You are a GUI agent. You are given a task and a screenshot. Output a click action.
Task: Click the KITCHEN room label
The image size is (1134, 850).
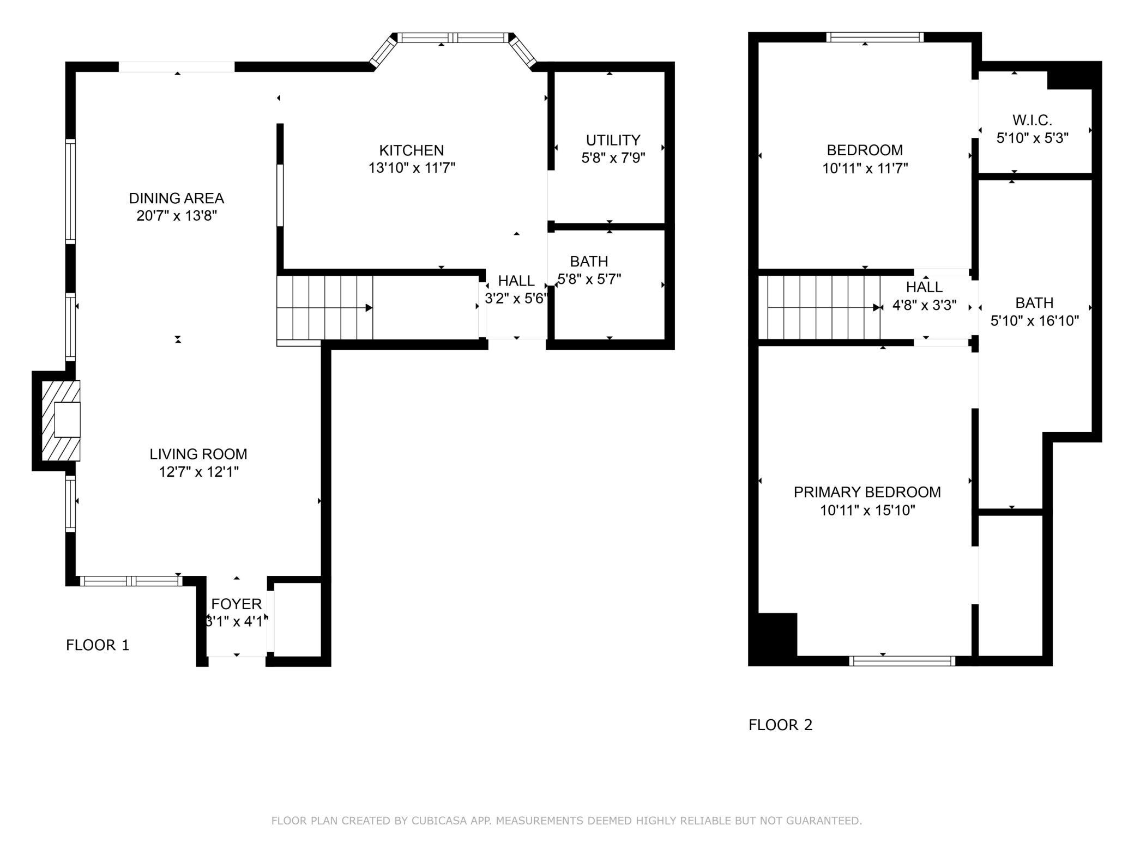[x=412, y=150]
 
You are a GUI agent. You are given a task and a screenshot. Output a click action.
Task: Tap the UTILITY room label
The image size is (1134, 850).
[x=613, y=140]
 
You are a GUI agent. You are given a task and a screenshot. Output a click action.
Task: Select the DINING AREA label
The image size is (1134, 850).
[x=177, y=198]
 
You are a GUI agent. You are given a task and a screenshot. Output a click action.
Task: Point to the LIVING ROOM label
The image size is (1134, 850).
[x=198, y=454]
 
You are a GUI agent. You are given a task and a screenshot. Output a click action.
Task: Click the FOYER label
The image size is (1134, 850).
[x=237, y=604]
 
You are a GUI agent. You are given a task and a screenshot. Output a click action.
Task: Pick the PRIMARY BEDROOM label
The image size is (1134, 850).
[x=867, y=492]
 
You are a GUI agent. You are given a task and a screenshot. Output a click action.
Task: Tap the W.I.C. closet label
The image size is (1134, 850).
[x=1033, y=120]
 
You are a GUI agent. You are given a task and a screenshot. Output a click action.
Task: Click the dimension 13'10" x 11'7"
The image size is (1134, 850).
[x=412, y=168]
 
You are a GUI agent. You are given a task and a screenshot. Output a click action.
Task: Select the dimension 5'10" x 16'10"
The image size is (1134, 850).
[x=1035, y=320]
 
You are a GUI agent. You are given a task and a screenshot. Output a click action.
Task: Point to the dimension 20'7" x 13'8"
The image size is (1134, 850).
[x=177, y=216]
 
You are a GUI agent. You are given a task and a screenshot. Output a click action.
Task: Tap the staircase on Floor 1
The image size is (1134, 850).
[x=325, y=308]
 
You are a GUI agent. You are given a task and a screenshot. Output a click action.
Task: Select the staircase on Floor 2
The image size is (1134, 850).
[x=819, y=307]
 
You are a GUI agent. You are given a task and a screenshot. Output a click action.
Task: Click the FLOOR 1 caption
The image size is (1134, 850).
[x=98, y=645]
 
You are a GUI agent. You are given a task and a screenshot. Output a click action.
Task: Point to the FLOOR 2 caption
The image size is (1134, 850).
[x=781, y=725]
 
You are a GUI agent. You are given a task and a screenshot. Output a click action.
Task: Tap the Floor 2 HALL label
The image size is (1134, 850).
[x=925, y=287]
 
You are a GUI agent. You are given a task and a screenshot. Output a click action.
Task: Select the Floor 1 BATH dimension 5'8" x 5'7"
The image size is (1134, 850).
[x=589, y=279]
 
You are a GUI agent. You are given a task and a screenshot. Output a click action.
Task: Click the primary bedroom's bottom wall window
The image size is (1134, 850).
[x=902, y=661]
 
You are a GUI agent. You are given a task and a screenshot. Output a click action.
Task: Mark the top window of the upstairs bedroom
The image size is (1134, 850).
[x=875, y=37]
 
